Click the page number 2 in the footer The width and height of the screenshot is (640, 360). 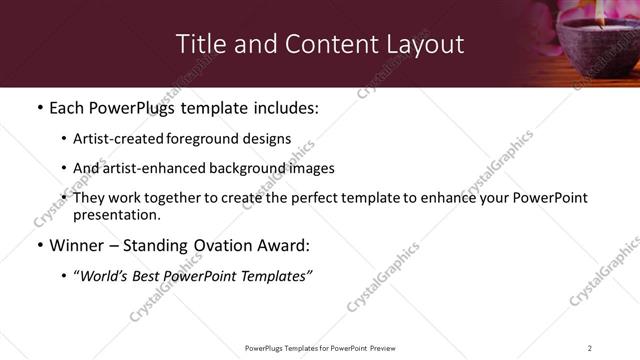[590, 348]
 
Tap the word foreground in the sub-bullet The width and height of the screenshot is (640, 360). [194, 140]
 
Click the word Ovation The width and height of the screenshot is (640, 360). [201, 245]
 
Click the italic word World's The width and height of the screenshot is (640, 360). [103, 276]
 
